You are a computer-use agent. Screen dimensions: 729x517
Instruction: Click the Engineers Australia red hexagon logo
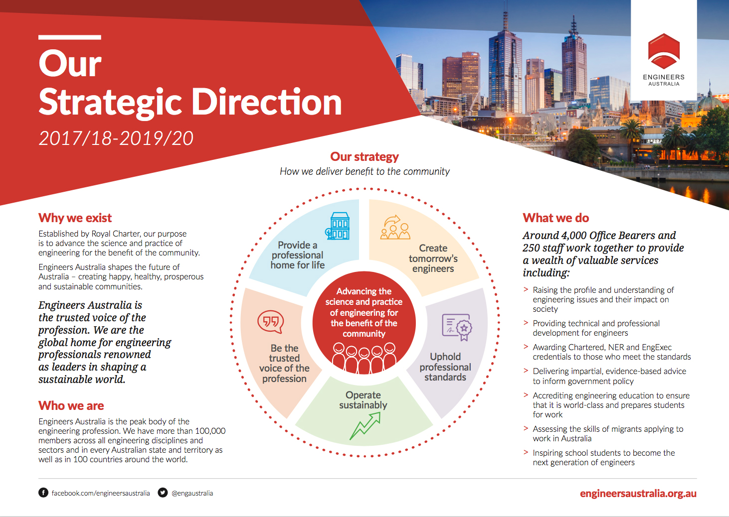coord(664,50)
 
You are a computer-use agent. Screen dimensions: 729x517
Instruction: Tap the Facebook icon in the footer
coord(43,493)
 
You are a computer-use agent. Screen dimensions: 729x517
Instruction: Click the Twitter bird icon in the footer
coord(163,493)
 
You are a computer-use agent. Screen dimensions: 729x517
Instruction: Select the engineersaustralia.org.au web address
coord(638,494)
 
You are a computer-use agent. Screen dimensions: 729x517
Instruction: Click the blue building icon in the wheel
coord(338,226)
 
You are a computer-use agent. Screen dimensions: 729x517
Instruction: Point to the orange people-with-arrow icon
coord(395,227)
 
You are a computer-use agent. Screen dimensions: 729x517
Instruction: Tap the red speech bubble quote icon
coord(270,322)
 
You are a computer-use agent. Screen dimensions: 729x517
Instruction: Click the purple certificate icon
coord(457,327)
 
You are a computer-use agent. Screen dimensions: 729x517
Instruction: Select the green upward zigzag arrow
coord(365,426)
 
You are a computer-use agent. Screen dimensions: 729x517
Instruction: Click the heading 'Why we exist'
coord(75,218)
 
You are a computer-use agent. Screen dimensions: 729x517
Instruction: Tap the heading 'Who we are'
coord(71,405)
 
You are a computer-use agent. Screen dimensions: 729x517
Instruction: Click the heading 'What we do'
coord(555,218)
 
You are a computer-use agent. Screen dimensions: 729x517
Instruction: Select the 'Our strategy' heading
coord(364,157)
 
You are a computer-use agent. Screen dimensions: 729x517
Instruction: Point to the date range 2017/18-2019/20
coord(116,138)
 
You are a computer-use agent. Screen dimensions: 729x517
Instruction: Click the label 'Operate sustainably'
coord(363,400)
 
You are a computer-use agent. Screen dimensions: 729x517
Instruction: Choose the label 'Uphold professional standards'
coord(445,367)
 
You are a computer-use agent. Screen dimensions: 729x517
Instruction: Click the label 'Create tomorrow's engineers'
coord(433,258)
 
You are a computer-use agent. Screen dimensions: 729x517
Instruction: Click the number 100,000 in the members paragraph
coord(210,431)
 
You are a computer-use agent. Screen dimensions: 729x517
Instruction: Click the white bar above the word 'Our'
coord(70,37)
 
